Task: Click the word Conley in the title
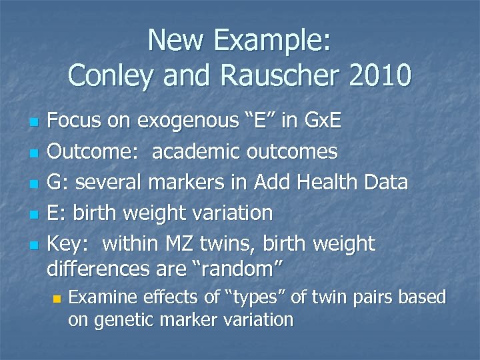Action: (x=108, y=75)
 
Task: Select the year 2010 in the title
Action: (x=379, y=75)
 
